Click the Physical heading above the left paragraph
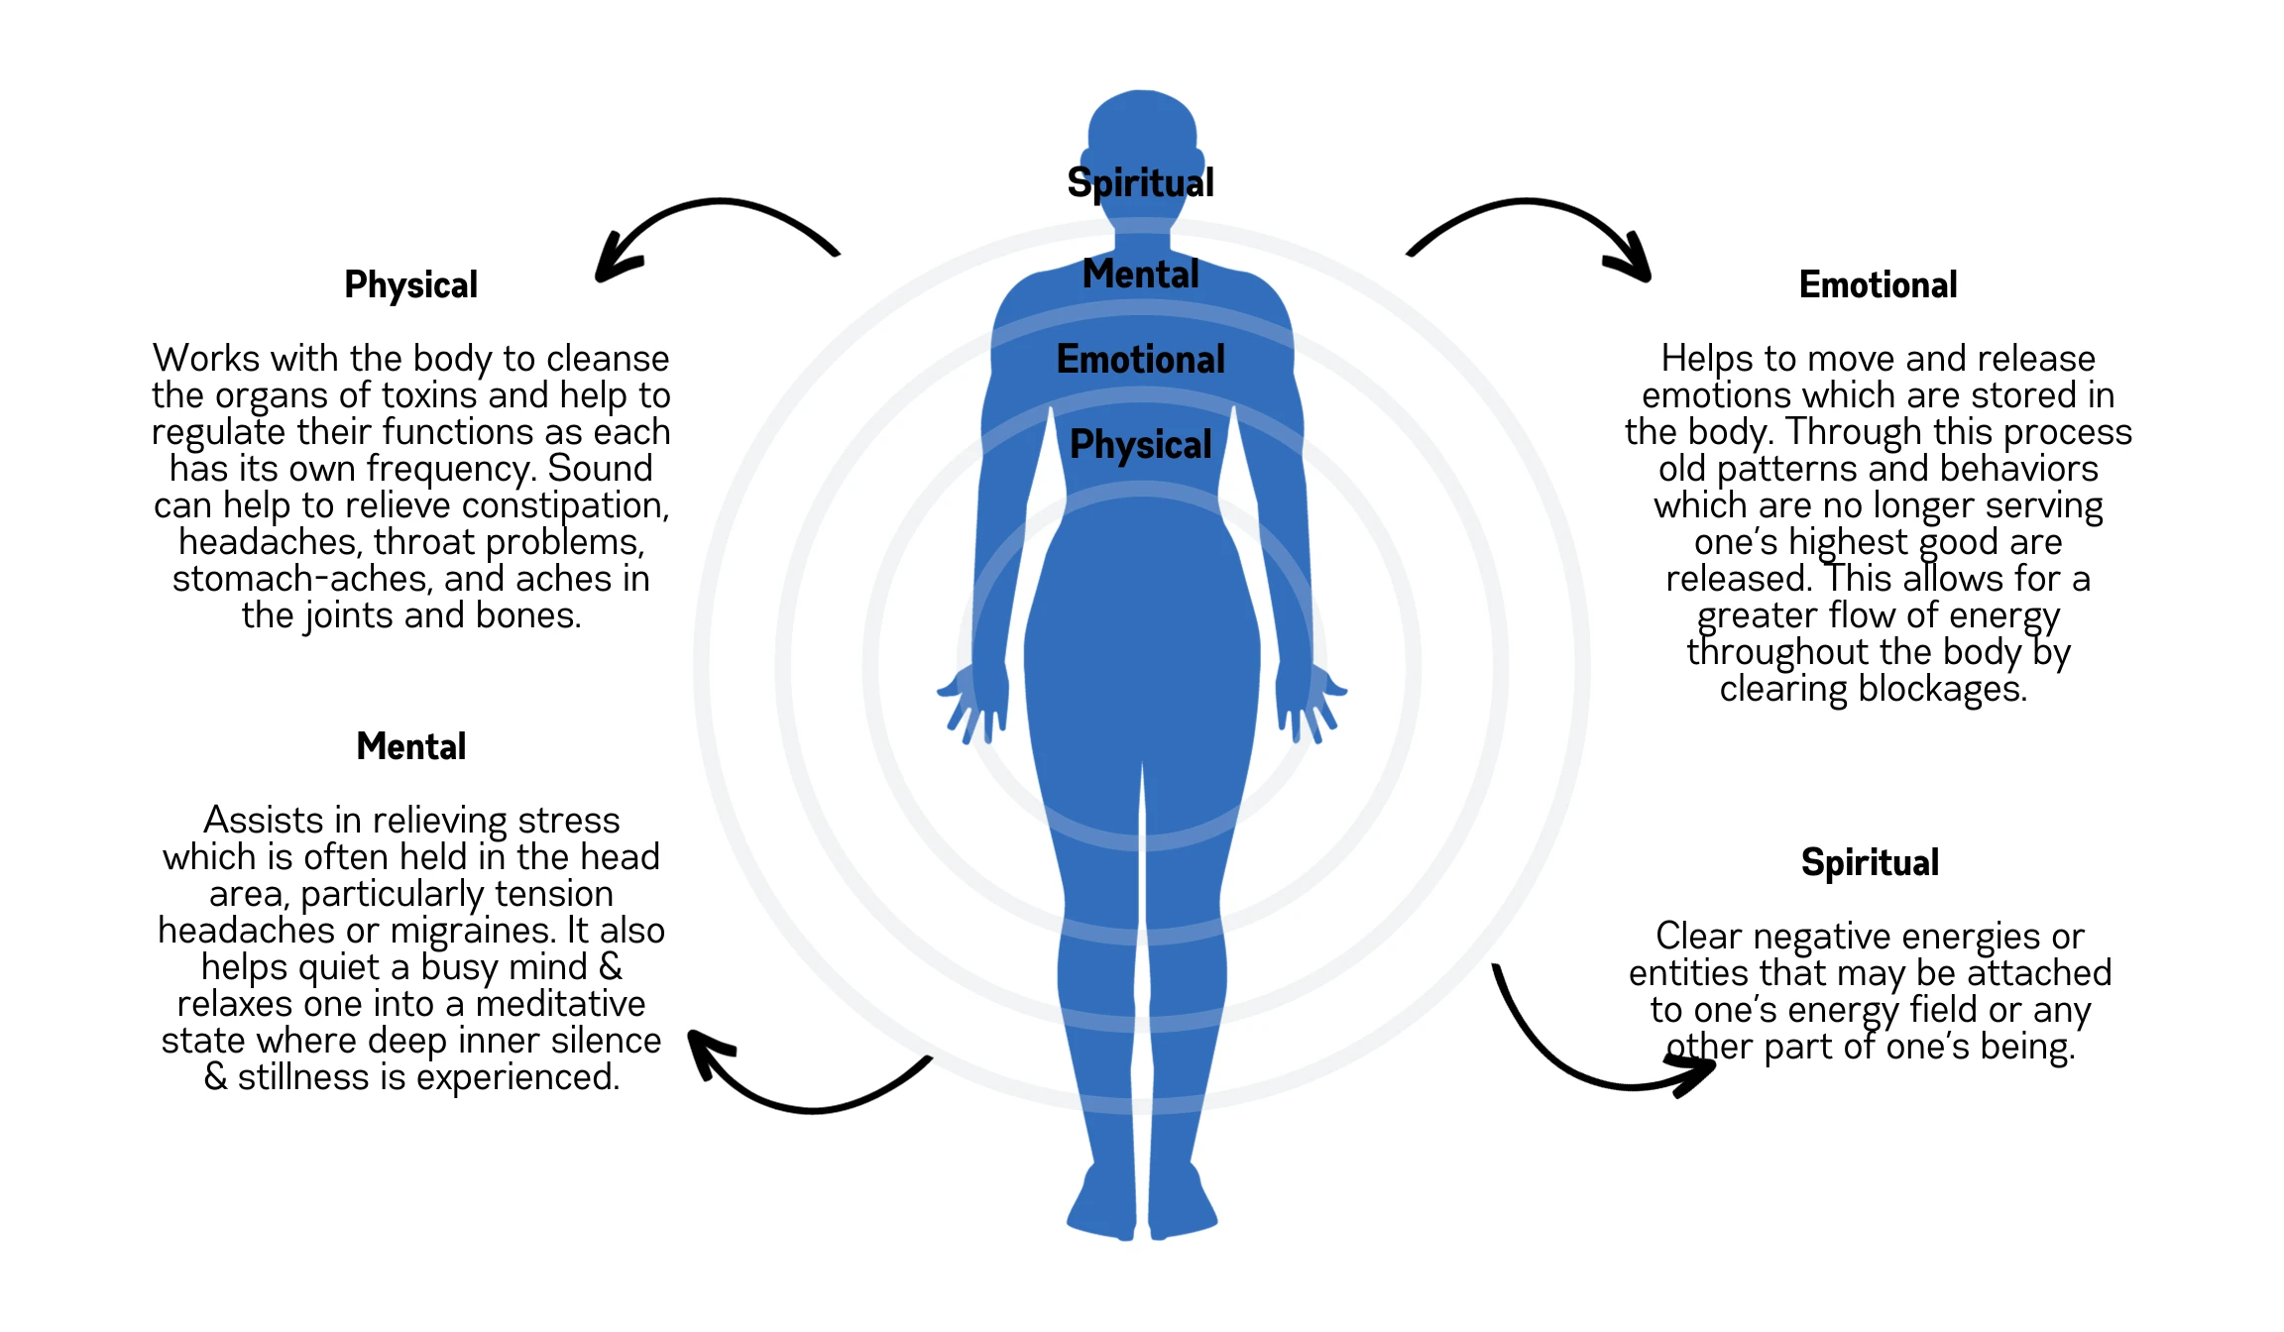[x=410, y=285]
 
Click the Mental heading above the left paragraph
[x=410, y=746]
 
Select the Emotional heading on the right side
[x=1878, y=285]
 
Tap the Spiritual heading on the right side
[x=1870, y=862]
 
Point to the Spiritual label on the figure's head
[x=1140, y=182]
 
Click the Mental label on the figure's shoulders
[x=1140, y=274]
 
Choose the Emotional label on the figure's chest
[x=1140, y=359]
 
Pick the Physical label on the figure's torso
[x=1140, y=444]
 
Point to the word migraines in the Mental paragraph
[x=472, y=931]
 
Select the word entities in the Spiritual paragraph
[x=1677, y=973]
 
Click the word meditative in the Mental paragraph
[x=560, y=1004]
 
